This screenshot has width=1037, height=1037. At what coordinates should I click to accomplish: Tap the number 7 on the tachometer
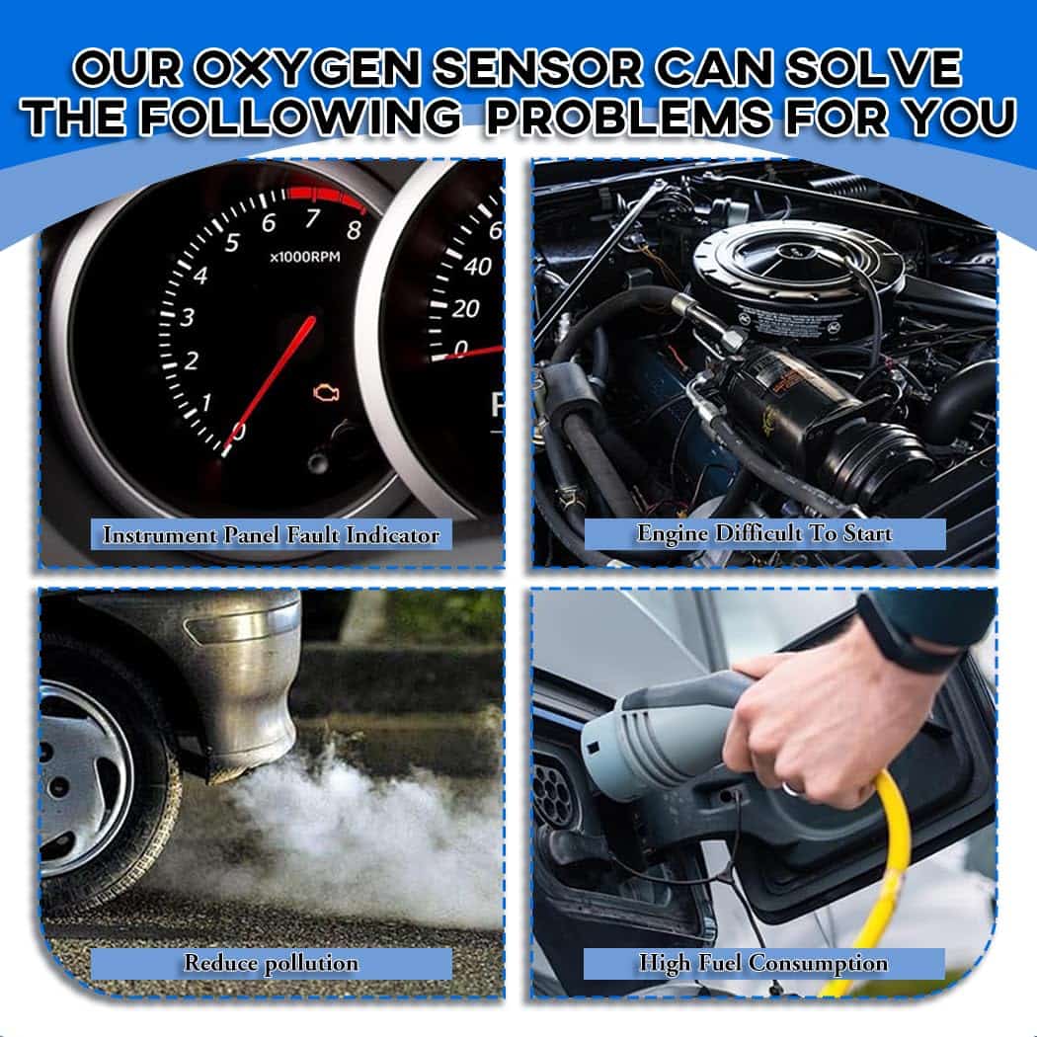[x=312, y=217]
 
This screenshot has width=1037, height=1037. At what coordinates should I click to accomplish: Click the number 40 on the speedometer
[x=478, y=266]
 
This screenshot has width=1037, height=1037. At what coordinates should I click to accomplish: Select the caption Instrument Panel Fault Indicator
[x=271, y=535]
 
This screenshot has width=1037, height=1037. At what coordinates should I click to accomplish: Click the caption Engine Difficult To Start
[x=764, y=534]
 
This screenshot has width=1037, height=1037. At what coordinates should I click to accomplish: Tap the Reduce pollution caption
[x=271, y=963]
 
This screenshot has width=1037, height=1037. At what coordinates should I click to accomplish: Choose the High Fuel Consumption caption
[x=763, y=963]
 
